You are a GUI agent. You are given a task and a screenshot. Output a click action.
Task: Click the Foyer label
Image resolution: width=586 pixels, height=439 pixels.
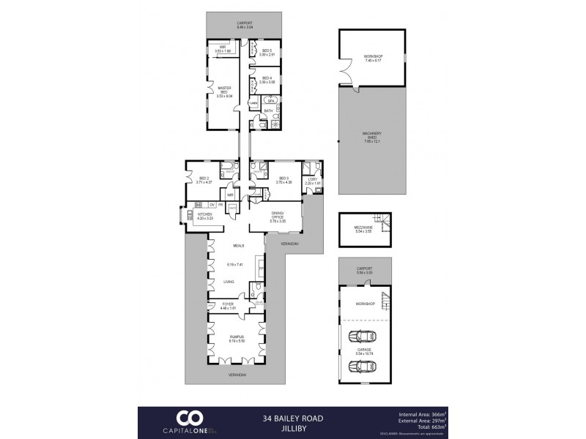coord(228,304)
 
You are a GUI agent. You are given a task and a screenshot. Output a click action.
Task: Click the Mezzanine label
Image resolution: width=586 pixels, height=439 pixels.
coord(363,229)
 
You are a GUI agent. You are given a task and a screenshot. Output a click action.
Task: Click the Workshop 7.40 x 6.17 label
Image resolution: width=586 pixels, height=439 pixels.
coord(373,58)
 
